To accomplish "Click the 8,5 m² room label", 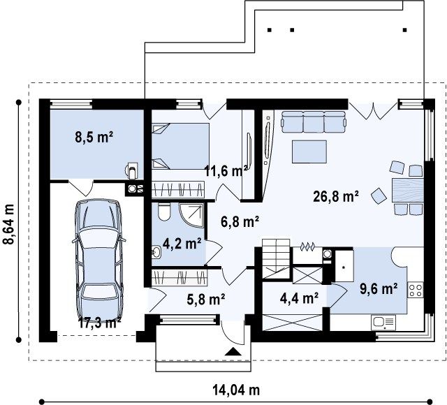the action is tap(94, 138).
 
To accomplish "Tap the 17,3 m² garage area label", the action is tap(100, 323).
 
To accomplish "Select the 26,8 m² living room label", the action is tap(336, 196).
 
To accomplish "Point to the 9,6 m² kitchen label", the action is tap(379, 288).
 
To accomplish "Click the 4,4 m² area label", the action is tap(300, 298).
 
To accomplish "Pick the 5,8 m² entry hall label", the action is tap(206, 300).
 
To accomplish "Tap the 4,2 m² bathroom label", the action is tap(182, 244).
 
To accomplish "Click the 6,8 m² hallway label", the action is tap(240, 221).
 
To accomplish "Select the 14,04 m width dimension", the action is tap(236, 390).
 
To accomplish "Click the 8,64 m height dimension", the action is tap(9, 223).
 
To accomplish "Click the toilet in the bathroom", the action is tap(164, 212).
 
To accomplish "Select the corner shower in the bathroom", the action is tap(191, 215).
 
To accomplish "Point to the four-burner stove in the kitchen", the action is tap(416, 290).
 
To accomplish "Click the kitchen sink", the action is tap(383, 323).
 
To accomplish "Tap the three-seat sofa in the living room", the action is tap(314, 122).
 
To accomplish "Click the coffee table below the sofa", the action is tap(309, 152).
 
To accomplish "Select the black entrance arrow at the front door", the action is tap(233, 352).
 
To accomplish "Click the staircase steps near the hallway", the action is tap(276, 258).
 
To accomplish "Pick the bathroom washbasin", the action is tap(156, 251).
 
